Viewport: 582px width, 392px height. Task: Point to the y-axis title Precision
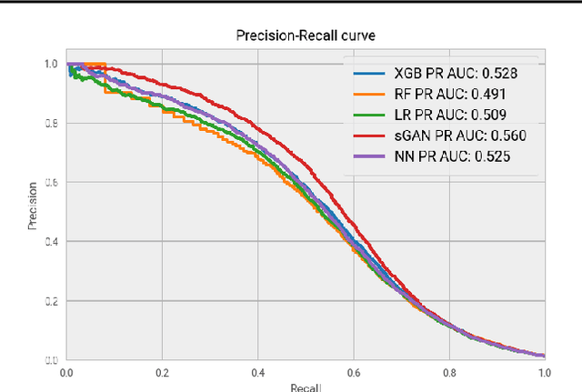pyautogui.click(x=33, y=208)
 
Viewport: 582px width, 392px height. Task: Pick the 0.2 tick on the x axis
pyautogui.click(x=162, y=372)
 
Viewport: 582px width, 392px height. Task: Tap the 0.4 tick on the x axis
pyautogui.click(x=257, y=372)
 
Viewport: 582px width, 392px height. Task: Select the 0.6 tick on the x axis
pyautogui.click(x=353, y=372)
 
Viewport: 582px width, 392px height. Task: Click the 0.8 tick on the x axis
pyautogui.click(x=448, y=372)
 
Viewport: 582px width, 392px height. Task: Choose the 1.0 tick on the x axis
pyautogui.click(x=543, y=372)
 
